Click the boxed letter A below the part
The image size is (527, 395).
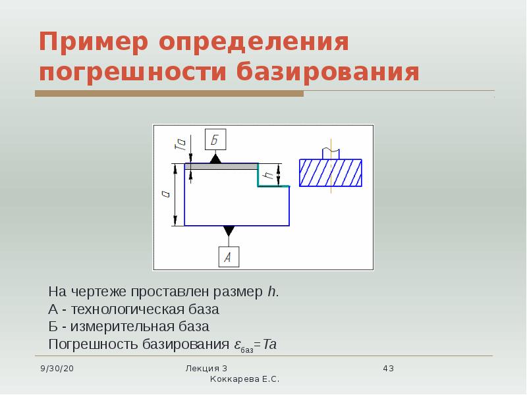coord(228,257)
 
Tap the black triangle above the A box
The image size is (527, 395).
coord(229,230)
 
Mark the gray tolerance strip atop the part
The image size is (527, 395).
coord(221,167)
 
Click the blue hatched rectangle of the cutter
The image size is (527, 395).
coord(330,172)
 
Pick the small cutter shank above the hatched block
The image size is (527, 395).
coord(330,153)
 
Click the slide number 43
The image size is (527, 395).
coord(388,368)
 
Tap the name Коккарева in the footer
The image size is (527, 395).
coord(234,379)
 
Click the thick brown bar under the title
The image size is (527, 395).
coord(169,94)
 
